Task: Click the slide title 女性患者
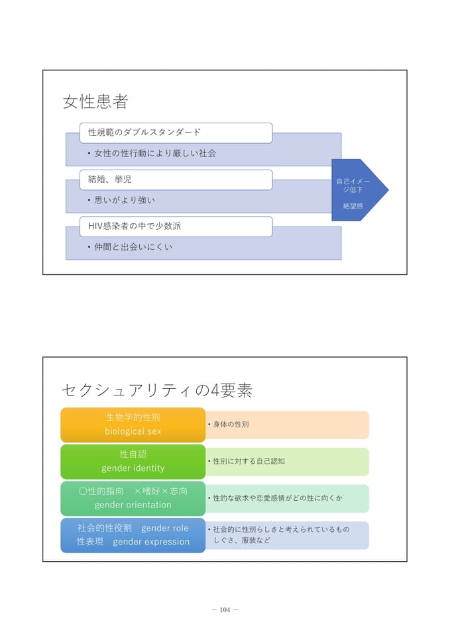point(95,101)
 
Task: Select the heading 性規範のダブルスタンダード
point(144,132)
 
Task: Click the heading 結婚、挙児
point(109,180)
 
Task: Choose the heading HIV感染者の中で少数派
point(135,226)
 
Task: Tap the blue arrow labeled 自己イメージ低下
point(359,190)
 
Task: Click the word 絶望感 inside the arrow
point(353,206)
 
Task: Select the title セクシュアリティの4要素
point(157,390)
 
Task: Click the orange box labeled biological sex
point(133,425)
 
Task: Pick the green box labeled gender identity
point(133,462)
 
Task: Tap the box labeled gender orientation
point(133,498)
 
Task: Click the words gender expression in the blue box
point(151,542)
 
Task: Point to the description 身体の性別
point(231,424)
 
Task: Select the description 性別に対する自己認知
point(249,461)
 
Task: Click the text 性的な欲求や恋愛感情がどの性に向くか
point(278,498)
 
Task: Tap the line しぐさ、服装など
point(242,541)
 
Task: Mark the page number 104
point(225,609)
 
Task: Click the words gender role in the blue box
point(165,528)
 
